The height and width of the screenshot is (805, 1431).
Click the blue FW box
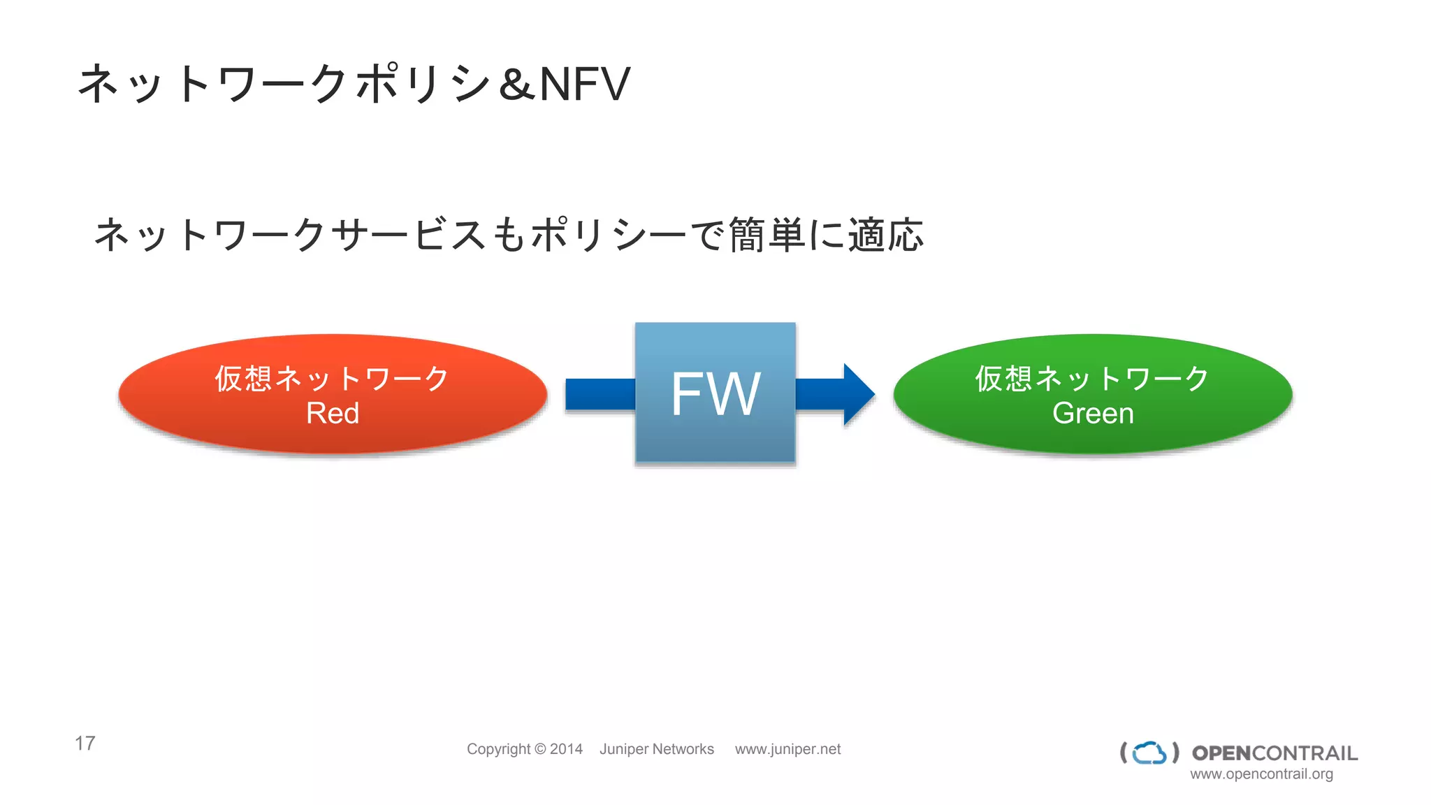coord(715,393)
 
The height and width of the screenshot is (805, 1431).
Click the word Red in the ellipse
coord(333,413)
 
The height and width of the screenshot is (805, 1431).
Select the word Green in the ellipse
coord(1093,413)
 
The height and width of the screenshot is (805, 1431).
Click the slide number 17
coord(85,743)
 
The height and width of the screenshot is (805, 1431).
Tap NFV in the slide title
coord(586,85)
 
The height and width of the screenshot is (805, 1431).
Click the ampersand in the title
coord(517,85)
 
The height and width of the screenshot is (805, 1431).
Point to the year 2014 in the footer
coord(566,749)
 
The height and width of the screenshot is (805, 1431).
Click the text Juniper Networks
coord(657,749)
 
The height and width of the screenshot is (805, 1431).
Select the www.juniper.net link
coord(787,749)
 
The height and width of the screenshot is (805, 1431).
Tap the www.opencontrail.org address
coord(1261,774)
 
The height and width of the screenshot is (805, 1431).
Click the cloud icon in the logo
coord(1149,753)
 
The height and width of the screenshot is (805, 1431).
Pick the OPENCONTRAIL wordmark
coord(1274,753)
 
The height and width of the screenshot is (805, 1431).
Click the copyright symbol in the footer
coord(540,749)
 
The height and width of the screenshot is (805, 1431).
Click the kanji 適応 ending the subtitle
coord(886,235)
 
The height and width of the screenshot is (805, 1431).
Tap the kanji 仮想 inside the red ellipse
coord(243,378)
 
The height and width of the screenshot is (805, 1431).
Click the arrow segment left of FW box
coord(600,394)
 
